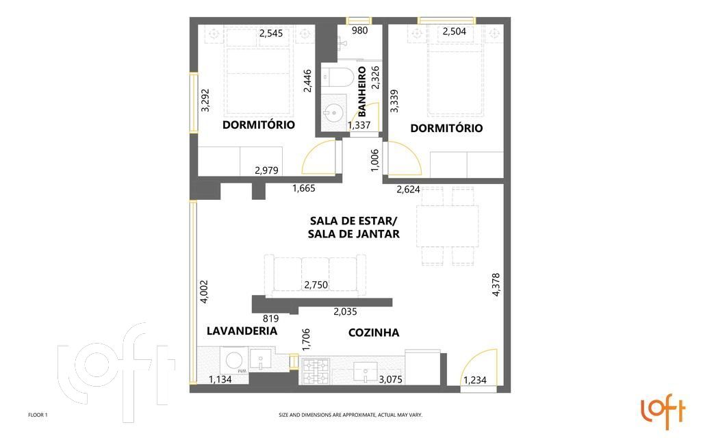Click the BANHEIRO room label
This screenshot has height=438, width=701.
[361, 91]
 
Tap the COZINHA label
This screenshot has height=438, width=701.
[374, 333]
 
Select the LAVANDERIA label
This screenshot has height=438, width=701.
[242, 331]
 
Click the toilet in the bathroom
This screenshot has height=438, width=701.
[338, 77]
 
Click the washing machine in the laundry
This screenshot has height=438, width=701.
[234, 361]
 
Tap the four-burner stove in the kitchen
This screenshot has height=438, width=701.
[316, 372]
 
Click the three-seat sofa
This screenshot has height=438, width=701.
[315, 276]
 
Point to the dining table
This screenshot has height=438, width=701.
[448, 226]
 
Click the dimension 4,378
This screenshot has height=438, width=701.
[496, 285]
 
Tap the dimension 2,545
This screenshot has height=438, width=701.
[271, 33]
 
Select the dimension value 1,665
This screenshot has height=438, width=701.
[304, 188]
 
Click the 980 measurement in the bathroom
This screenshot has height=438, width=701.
[360, 30]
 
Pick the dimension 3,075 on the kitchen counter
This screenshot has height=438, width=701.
[391, 379]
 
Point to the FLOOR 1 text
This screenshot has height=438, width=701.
[38, 415]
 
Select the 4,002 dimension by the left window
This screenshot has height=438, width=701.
[204, 292]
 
